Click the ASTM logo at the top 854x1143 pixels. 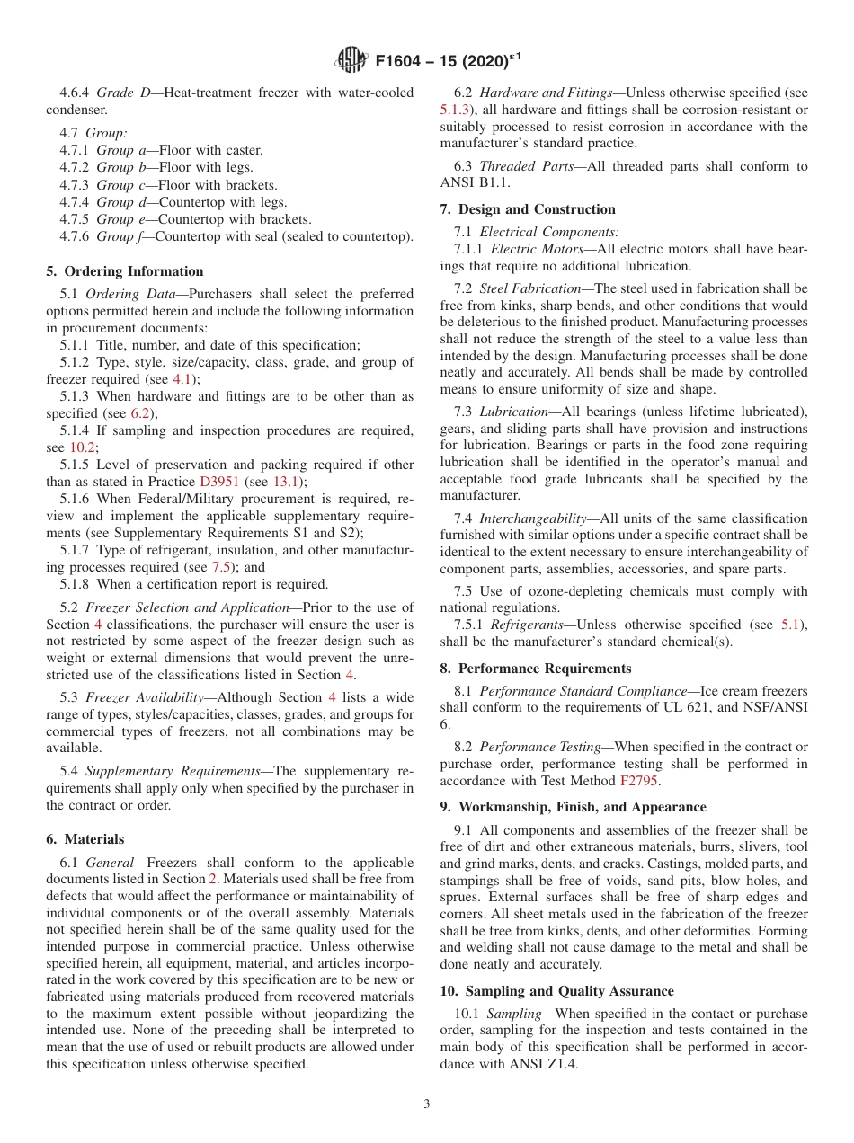point(351,60)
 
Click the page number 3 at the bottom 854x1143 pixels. point(426,1103)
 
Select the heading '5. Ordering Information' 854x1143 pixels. point(125,271)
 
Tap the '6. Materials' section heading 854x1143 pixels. point(85,839)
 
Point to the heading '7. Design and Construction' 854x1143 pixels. point(528,209)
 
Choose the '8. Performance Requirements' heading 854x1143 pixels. point(536,669)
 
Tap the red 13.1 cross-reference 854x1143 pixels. point(286,482)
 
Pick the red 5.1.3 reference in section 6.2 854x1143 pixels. point(456,110)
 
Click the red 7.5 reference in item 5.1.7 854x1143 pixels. point(221,567)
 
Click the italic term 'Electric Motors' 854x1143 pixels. point(539,249)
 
